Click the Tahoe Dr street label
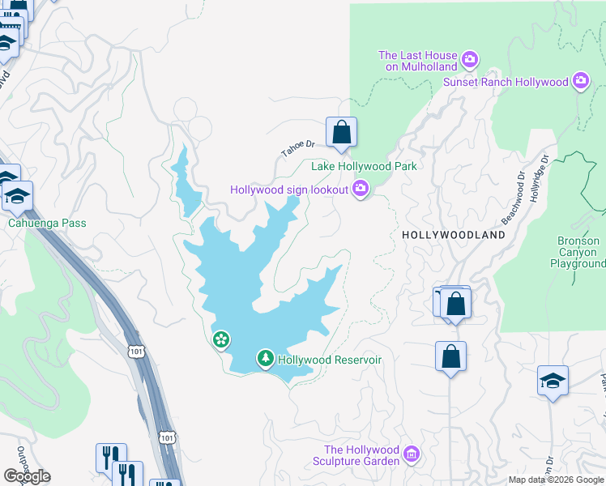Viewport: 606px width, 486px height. pyautogui.click(x=297, y=148)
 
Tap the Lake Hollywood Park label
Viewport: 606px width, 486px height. pyautogui.click(x=364, y=166)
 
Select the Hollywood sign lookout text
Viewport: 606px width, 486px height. pyautogui.click(x=289, y=190)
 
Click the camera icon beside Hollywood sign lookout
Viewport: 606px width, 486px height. pyautogui.click(x=361, y=190)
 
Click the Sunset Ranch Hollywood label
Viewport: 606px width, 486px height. pyautogui.click(x=506, y=82)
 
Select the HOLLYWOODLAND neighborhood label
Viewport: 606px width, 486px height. pyautogui.click(x=454, y=235)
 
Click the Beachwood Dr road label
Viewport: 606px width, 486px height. pyautogui.click(x=513, y=197)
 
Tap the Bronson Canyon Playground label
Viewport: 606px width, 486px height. pyautogui.click(x=578, y=252)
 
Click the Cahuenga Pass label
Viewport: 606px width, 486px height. pyautogui.click(x=47, y=223)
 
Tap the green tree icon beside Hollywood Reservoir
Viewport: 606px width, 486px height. pyautogui.click(x=265, y=358)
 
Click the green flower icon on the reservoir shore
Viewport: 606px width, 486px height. pyautogui.click(x=220, y=339)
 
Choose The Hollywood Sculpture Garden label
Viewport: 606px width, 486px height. pyautogui.click(x=361, y=455)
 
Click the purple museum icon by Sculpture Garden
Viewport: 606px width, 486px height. pyautogui.click(x=412, y=455)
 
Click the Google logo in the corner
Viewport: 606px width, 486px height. pyautogui.click(x=27, y=475)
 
